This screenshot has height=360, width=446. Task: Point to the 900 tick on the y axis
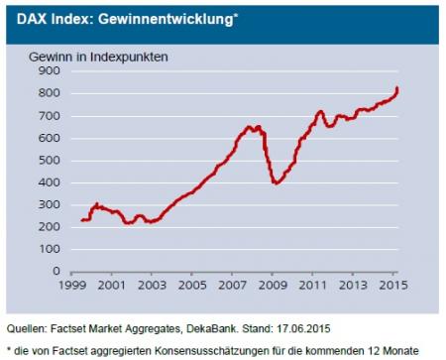50,71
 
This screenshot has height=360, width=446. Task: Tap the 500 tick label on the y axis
50,162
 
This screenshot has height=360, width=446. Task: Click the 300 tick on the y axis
50,206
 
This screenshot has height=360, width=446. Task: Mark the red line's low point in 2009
276,183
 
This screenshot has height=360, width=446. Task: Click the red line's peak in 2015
397,88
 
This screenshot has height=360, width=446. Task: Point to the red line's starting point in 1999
81,221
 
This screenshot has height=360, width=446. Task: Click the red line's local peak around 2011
320,111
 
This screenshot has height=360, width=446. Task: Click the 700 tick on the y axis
50,117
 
